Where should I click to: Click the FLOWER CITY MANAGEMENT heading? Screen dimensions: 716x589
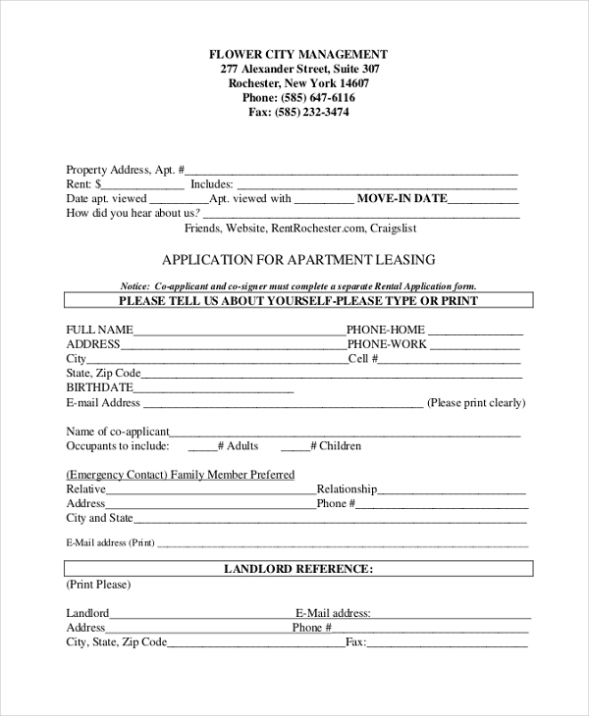click(298, 55)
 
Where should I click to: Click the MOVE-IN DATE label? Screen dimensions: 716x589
click(402, 198)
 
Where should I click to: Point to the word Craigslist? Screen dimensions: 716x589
click(394, 228)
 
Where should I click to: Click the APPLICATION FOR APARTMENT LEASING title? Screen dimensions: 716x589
click(298, 260)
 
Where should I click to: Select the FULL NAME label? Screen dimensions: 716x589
click(99, 330)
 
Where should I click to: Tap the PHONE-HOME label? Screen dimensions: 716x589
click(386, 330)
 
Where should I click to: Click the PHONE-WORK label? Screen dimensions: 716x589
click(387, 344)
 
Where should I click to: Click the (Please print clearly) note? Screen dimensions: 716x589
click(476, 402)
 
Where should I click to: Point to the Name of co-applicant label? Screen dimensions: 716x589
click(118, 432)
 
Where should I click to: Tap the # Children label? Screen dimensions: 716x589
click(336, 446)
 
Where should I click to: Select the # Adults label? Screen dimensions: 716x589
click(238, 446)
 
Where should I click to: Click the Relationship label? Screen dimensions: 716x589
click(347, 488)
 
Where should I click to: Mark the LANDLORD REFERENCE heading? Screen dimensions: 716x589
click(298, 569)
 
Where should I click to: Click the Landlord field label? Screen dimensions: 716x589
click(87, 613)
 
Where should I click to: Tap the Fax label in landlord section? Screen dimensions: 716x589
click(354, 642)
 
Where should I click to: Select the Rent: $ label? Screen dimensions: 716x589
click(83, 183)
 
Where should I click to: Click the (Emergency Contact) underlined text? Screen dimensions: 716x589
click(116, 475)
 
